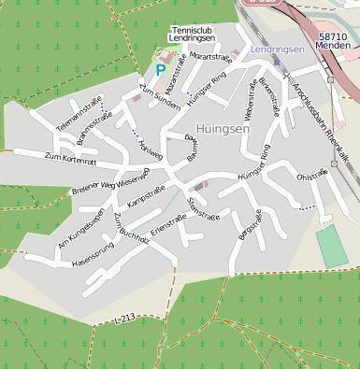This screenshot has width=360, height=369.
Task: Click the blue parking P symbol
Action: (x=160, y=69)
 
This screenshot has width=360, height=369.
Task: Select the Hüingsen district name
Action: (x=222, y=128)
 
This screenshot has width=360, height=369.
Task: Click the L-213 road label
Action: (x=124, y=319)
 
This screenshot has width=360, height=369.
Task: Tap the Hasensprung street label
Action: (x=92, y=262)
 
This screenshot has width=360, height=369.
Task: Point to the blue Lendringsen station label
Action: (x=278, y=49)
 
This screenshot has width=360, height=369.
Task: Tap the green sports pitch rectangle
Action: (x=331, y=246)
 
